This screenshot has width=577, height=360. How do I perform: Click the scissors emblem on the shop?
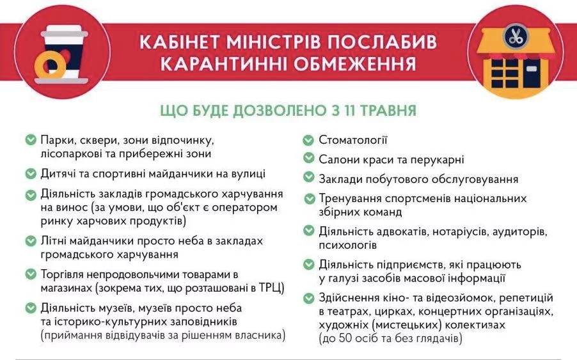click(x=515, y=36)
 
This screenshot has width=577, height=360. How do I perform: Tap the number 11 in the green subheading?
click(x=348, y=110)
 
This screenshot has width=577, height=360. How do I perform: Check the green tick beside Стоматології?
click(x=308, y=140)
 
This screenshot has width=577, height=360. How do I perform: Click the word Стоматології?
click(x=353, y=140)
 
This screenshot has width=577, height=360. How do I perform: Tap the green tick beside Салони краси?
click(x=308, y=158)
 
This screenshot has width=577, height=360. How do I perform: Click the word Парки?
click(x=58, y=140)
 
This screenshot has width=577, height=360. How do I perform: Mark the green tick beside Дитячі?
click(x=31, y=173)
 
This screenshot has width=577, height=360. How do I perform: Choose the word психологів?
click(x=348, y=245)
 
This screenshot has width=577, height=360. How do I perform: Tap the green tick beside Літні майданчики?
click(x=31, y=241)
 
